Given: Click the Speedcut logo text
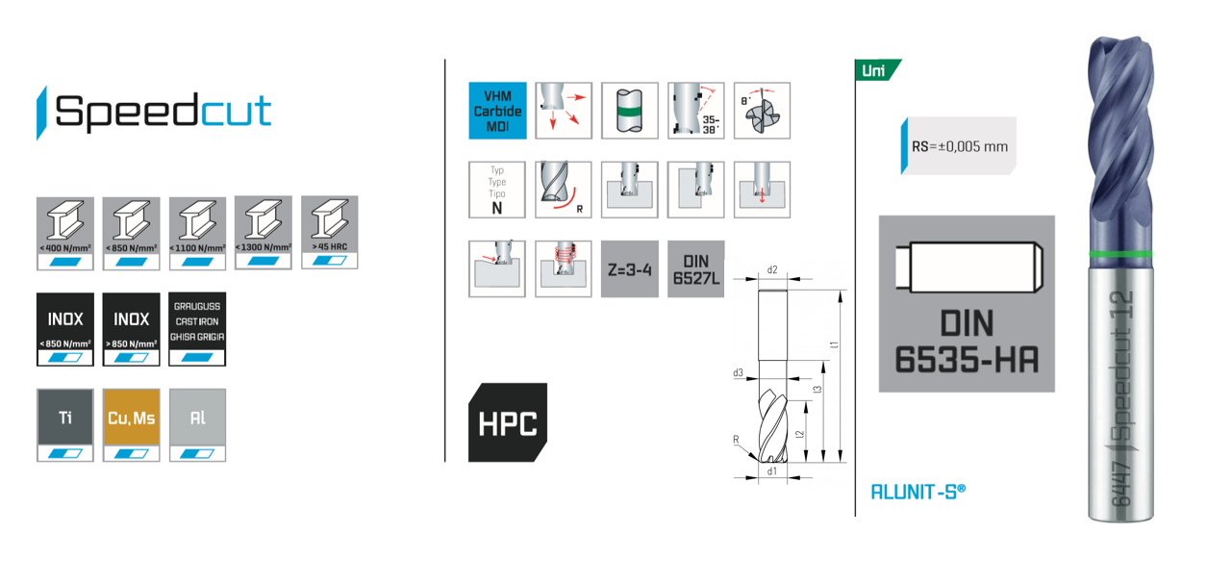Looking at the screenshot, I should [x=163, y=112].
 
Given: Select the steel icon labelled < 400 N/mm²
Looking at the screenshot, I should [x=64, y=232].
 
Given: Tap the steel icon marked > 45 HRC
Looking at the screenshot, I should [x=329, y=232].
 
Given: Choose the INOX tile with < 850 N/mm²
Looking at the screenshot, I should [x=64, y=328].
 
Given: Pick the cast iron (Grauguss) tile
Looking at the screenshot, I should [x=197, y=328].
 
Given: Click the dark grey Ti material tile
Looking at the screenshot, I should [x=64, y=424].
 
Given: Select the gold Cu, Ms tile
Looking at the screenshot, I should [x=131, y=424].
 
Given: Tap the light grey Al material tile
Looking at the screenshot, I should [x=197, y=424].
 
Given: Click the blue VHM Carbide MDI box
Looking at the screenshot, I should [x=497, y=111].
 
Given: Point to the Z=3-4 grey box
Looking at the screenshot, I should [x=629, y=269].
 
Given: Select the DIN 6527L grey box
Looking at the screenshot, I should [x=694, y=269].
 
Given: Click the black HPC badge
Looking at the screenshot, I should [x=508, y=422].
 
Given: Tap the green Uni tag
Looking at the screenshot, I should [x=876, y=70].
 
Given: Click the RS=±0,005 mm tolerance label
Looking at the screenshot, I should [x=959, y=147].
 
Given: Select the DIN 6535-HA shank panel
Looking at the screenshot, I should [x=967, y=304].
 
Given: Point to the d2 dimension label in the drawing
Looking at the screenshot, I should [x=771, y=270].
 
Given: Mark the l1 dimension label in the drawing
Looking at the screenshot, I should [x=834, y=343].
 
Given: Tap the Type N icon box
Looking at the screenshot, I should [x=497, y=190].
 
